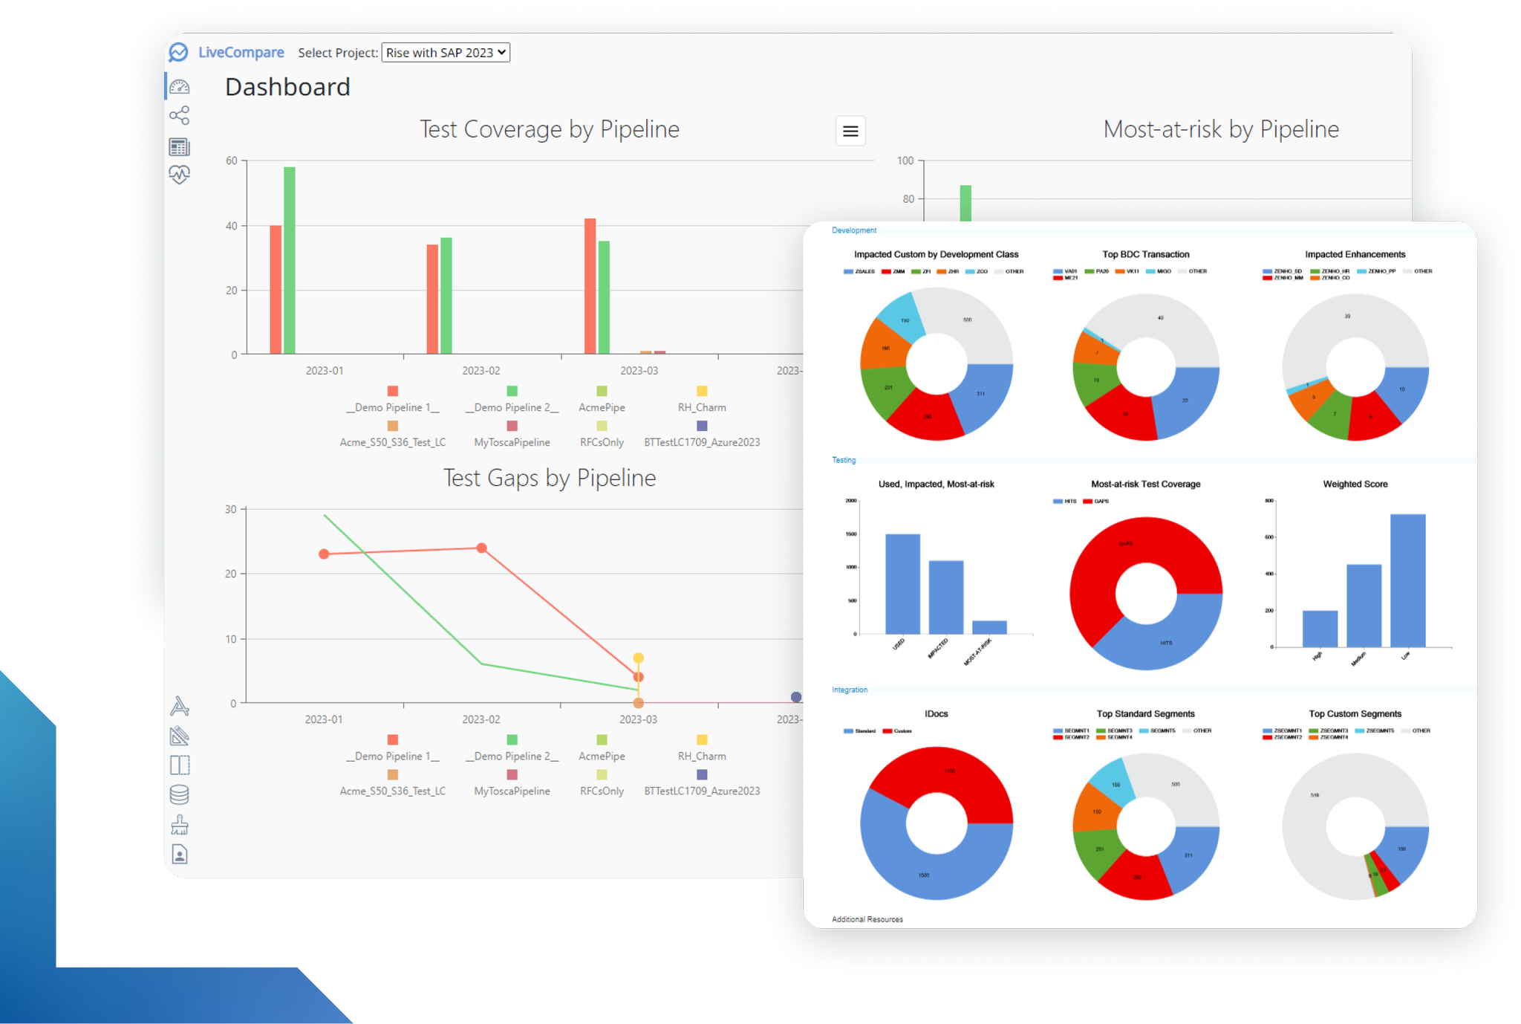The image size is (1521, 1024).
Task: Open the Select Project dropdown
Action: [446, 53]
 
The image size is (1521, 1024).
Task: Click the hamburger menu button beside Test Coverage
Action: [850, 132]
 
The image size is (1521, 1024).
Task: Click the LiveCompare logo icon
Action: [178, 53]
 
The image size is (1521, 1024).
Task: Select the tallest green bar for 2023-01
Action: [290, 260]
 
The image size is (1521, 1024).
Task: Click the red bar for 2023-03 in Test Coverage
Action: [590, 286]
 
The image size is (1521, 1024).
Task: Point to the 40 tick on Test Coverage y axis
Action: [232, 226]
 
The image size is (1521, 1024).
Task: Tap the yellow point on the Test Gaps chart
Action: [638, 658]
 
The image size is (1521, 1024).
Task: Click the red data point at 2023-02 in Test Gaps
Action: [481, 548]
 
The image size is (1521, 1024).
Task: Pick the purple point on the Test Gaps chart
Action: [796, 697]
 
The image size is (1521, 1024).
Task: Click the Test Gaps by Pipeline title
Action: [550, 478]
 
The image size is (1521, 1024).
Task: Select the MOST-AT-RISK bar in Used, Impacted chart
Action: [989, 627]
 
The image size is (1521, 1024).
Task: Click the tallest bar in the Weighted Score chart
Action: [1407, 580]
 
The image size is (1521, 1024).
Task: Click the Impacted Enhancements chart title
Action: [1355, 254]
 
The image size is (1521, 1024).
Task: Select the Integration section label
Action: [849, 690]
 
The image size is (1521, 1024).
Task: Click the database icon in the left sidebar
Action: [179, 795]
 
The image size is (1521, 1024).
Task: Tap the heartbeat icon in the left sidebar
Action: [179, 175]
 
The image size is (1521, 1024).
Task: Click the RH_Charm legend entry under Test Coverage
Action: [702, 407]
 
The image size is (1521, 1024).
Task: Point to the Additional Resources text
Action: [867, 919]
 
